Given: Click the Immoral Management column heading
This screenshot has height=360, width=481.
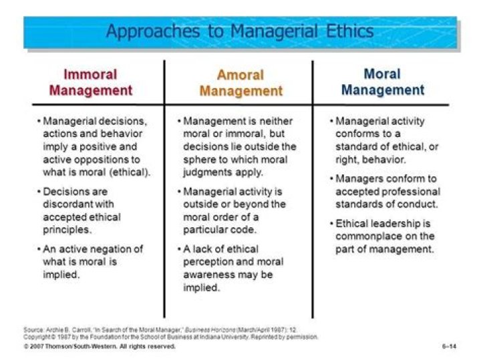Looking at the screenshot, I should pyautogui.click(x=91, y=82).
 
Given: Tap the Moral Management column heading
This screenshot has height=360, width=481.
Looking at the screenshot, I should pyautogui.click(x=383, y=82).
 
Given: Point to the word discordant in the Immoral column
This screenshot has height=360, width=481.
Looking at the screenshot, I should pyautogui.click(x=69, y=204).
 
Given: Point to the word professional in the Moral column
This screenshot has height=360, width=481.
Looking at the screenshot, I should pyautogui.click(x=411, y=192).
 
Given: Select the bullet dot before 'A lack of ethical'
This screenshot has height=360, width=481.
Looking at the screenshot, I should pyautogui.click(x=178, y=249).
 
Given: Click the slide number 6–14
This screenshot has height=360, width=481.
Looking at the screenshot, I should pyautogui.click(x=450, y=347).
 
